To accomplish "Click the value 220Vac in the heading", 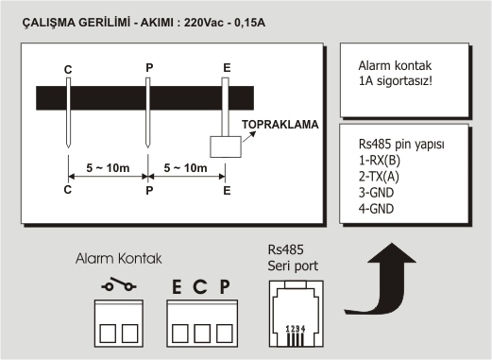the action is coord(203,23).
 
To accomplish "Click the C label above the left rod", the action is coord(68,70).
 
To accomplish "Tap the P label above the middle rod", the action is coord(149,67).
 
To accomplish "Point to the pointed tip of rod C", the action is coord(68,147).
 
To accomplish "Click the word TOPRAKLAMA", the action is coord(280,125).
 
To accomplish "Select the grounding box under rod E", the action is coord(226,146).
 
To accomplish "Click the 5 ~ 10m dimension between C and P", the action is coord(108,168).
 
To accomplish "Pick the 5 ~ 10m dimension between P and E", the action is coord(185,168).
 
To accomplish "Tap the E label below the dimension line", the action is coord(227,191).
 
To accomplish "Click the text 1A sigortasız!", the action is coord(396,81).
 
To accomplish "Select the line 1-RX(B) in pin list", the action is coord(380,161).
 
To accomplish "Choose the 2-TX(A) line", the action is coord(379,177).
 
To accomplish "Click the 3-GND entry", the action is coord(376,193).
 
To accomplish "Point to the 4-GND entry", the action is coord(376,209).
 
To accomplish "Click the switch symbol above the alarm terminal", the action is coord(119,284).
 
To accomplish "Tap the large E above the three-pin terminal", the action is coord(177,287).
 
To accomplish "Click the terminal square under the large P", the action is coord(225,334).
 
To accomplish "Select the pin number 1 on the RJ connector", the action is coord(288,329).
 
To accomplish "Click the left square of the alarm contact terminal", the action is coord(108,334).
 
